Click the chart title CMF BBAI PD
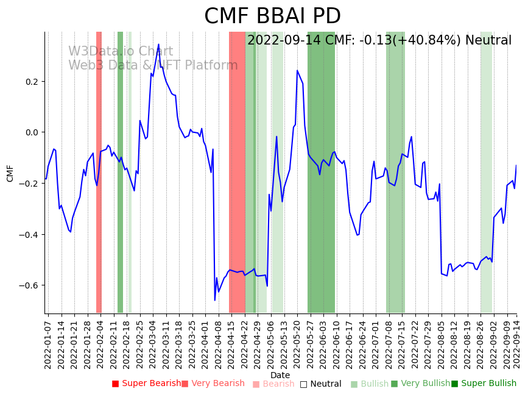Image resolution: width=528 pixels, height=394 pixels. click(x=272, y=16)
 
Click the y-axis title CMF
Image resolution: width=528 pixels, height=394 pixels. click(x=10, y=173)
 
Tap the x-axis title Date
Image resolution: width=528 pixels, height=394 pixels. click(x=280, y=375)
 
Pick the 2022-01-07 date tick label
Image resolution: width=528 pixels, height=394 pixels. click(x=48, y=342)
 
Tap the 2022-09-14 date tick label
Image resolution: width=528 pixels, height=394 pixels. click(x=517, y=342)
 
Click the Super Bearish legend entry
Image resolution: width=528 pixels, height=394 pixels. click(x=146, y=384)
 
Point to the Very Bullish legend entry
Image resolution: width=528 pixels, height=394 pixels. click(x=420, y=384)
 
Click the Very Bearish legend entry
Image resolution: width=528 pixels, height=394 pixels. click(x=213, y=384)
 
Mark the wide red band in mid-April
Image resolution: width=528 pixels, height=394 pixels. click(x=237, y=172)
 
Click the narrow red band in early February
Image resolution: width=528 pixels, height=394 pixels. click(x=99, y=172)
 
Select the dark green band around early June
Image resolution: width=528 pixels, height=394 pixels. click(x=321, y=172)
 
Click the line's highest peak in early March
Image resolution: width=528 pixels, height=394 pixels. click(x=158, y=45)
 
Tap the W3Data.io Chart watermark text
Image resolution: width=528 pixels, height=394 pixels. click(x=121, y=52)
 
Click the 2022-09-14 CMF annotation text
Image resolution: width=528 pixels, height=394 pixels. click(x=379, y=41)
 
